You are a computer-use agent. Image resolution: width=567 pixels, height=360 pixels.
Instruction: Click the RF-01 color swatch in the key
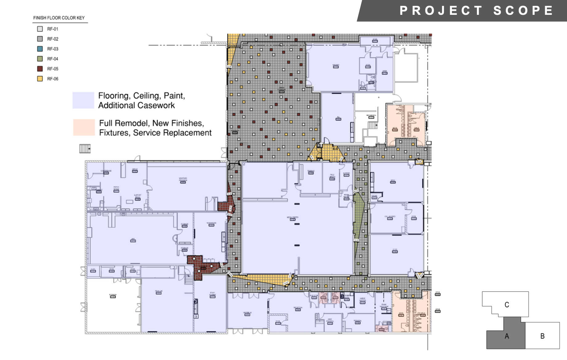40,29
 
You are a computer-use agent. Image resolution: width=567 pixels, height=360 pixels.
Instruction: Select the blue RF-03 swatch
40,49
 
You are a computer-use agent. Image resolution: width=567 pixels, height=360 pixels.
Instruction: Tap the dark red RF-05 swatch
40,69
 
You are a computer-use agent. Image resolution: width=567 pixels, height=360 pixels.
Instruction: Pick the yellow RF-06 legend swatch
40,79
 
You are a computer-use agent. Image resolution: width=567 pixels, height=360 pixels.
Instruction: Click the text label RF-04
52,59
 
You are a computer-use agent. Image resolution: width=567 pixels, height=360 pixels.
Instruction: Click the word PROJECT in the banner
441,10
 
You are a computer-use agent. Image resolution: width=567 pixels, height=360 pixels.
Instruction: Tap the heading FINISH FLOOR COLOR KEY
59,18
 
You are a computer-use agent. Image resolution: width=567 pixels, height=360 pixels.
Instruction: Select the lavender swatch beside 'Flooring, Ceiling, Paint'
83,100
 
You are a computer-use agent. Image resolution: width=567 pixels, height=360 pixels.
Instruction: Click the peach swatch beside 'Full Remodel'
84,127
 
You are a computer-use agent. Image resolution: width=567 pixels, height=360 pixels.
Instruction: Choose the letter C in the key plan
507,305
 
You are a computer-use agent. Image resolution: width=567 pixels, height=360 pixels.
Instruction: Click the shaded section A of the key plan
507,336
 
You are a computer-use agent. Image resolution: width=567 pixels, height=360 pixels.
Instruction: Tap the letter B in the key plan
542,336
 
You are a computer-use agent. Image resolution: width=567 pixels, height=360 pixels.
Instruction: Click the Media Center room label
292,218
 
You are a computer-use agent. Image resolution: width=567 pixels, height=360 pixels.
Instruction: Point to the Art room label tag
133,240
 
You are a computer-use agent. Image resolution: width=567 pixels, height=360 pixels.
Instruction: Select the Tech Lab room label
159,292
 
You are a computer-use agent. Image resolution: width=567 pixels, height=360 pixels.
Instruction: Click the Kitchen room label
336,66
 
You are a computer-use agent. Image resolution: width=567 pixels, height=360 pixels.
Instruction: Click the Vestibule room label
247,313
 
